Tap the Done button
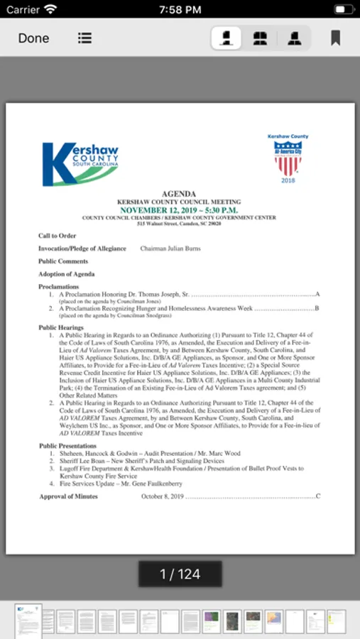pos(33,38)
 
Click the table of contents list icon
pos(85,38)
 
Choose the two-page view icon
pos(261,38)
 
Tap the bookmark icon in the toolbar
pos(335,38)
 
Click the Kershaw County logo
pos(80,163)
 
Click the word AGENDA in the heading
pos(179,194)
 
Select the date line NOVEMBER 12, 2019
pos(179,210)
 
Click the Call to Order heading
pos(57,236)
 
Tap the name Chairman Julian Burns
pos(170,248)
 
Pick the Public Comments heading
pos(63,261)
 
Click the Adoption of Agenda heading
pos(66,274)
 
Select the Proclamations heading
pos(58,287)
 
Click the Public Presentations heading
pos(67,446)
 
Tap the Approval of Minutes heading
pos(68,496)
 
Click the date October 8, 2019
pos(162,496)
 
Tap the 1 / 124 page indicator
pos(180,574)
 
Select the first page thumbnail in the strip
pos(28,621)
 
